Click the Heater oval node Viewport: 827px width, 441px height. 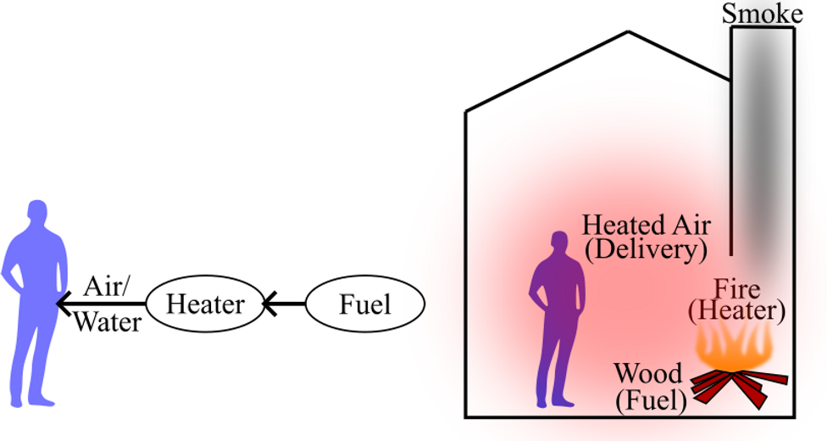click(204, 304)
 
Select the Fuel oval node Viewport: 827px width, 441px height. click(364, 304)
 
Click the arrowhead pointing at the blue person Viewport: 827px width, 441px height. click(62, 303)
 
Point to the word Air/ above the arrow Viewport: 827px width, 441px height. click(108, 285)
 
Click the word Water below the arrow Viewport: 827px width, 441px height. click(107, 323)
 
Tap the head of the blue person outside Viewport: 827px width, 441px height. click(37, 213)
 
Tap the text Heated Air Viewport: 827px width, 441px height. click(646, 226)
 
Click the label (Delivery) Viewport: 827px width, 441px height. click(646, 249)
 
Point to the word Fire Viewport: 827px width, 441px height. click(736, 287)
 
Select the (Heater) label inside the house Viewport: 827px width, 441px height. click(736, 310)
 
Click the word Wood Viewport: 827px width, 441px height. click(648, 374)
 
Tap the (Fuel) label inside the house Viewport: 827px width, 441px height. click(651, 399)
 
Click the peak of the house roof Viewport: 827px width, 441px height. click(627, 33)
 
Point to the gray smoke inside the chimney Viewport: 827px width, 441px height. click(762, 127)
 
